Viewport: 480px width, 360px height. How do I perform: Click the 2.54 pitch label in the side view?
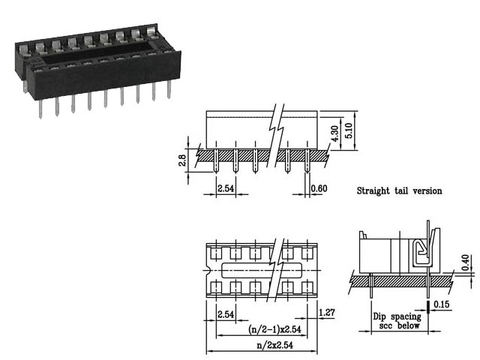(x=226, y=188)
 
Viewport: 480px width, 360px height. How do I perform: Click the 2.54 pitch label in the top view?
(x=226, y=313)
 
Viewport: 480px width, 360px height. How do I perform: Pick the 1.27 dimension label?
(x=326, y=313)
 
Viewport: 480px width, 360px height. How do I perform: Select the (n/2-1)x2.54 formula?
(x=275, y=329)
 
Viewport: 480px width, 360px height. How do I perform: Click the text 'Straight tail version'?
(x=398, y=191)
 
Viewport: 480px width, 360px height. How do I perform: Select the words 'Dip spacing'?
(x=397, y=316)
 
